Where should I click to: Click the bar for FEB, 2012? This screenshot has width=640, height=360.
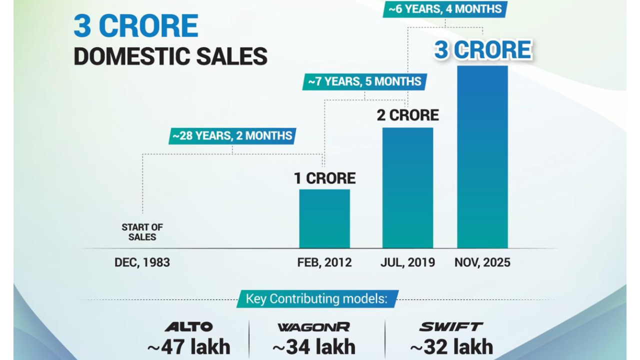tap(324, 218)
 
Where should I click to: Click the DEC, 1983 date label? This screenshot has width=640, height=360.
tap(142, 262)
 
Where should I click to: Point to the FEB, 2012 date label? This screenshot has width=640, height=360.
tap(324, 262)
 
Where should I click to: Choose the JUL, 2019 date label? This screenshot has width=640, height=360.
tap(407, 262)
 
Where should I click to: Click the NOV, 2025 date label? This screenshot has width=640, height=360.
tap(482, 262)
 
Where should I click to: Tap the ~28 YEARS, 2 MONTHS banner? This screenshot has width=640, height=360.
tap(232, 135)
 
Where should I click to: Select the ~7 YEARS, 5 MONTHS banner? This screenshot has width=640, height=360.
tap(364, 81)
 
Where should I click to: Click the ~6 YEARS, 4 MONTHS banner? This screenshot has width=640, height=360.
tap(445, 9)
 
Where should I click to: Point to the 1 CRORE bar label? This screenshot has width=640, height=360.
tap(324, 178)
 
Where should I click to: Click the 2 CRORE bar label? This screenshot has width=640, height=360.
tap(407, 115)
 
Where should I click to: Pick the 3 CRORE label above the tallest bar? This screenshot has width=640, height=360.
tap(482, 50)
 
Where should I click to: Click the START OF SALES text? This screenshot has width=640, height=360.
tap(142, 232)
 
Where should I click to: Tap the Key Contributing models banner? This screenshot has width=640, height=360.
tap(317, 299)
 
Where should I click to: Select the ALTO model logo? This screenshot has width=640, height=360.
tap(188, 327)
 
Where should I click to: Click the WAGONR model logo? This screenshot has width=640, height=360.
tap(313, 327)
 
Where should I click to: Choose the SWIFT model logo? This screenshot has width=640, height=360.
tap(451, 327)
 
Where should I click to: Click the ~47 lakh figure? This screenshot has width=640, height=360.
tap(188, 346)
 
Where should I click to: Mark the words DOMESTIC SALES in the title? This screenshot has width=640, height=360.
tap(170, 56)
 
